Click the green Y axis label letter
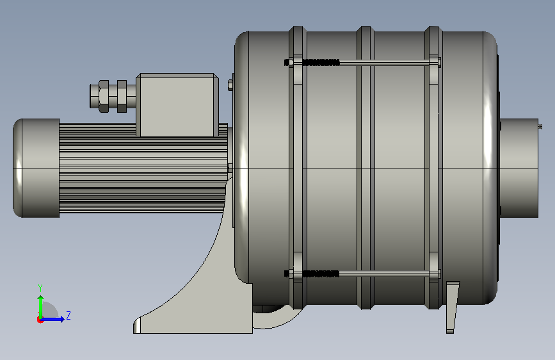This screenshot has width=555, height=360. (40, 288)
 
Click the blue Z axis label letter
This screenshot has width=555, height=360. (68, 315)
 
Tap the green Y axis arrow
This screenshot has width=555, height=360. (41, 307)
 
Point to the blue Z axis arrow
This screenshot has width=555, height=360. (52, 319)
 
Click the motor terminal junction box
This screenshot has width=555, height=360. (177, 105)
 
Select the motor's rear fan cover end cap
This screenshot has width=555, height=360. (36, 168)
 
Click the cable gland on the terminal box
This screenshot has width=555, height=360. (113, 96)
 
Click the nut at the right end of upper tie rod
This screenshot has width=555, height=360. (439, 63)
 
